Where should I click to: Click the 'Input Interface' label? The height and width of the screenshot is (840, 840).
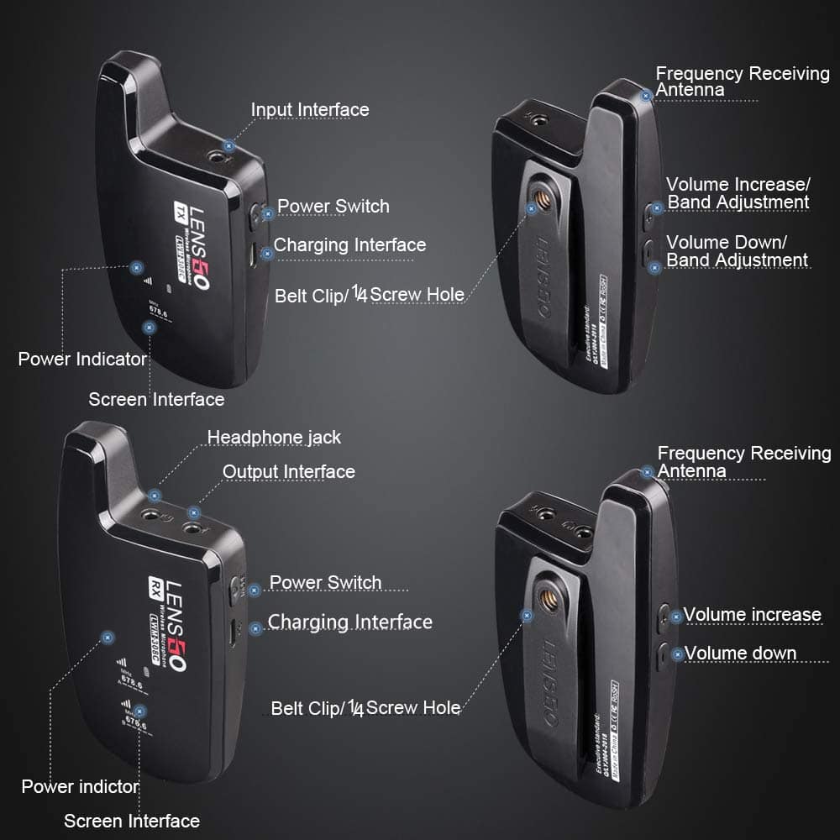coord(309,110)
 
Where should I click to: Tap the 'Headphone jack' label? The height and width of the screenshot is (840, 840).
coord(274,438)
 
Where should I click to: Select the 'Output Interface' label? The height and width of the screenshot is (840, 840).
coord(288,472)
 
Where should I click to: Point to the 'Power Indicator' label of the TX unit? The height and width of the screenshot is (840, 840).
coord(82,360)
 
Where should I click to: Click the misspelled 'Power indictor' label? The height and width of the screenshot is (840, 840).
coord(80,787)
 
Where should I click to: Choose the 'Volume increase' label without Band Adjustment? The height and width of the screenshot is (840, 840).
coord(752,615)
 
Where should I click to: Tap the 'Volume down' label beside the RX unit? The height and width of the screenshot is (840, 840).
coord(740,654)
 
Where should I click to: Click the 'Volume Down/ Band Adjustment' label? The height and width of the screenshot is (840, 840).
coord(737,251)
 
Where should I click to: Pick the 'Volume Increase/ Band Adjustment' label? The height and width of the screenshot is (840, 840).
coord(738,193)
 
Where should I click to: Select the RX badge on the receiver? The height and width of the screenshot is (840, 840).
coord(155,585)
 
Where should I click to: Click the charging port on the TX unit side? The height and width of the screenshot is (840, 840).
coord(252,255)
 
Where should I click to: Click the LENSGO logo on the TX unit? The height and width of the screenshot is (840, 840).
coord(199,248)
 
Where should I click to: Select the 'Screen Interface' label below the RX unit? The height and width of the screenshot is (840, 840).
coord(132,821)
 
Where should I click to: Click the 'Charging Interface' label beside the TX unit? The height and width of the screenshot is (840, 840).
coord(349,245)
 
